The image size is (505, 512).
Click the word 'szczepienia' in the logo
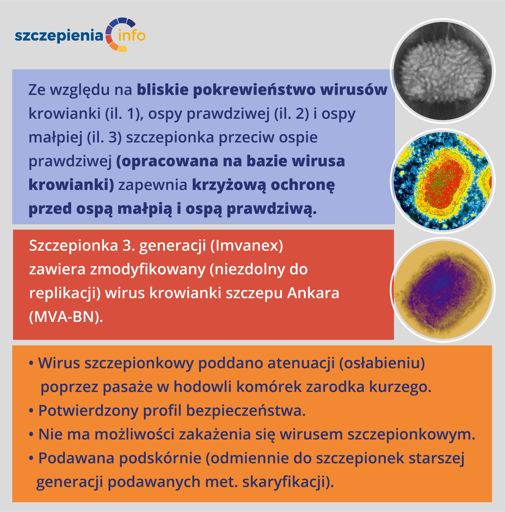59,36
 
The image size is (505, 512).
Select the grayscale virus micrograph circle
442,71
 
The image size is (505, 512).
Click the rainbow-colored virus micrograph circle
442,181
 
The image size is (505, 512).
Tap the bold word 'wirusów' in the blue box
354,90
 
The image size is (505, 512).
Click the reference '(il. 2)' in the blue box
292,114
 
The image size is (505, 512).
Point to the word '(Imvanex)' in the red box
247,246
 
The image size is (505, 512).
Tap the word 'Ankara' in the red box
313,293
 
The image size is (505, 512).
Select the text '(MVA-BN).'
66,317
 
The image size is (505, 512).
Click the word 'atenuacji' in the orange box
301,363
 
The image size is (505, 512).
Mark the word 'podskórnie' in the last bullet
160,458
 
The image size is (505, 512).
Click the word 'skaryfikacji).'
288,482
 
